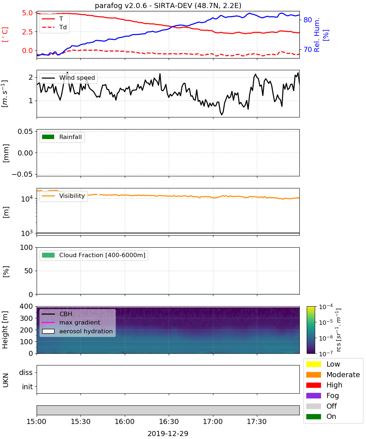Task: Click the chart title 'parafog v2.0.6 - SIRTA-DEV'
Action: [143, 5]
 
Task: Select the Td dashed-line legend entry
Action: [54, 27]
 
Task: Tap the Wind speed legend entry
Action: [68, 78]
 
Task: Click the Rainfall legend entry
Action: [62, 137]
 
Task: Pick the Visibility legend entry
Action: [63, 196]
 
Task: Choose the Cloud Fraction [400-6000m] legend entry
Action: [94, 255]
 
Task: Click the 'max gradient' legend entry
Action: [71, 322]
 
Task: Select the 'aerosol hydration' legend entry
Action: [77, 331]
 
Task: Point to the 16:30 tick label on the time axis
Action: [169, 421]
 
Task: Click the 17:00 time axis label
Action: [213, 421]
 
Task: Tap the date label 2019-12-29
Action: [168, 434]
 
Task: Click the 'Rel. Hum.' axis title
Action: [317, 35]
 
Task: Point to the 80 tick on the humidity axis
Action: [307, 20]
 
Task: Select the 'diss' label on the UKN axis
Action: [26, 372]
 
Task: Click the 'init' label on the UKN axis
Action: [27, 386]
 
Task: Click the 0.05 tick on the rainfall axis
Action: [25, 131]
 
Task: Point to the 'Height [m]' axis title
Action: [5, 330]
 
